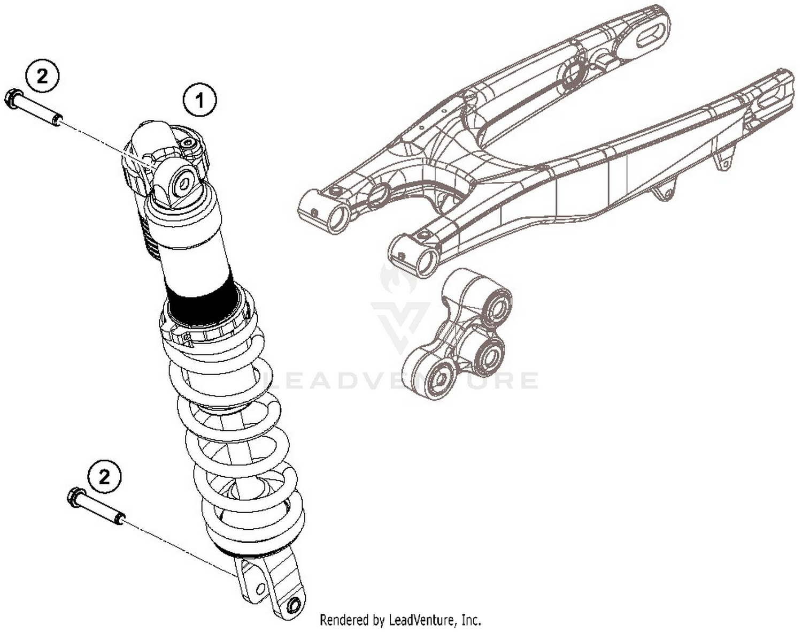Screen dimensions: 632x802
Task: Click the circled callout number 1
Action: pos(200,100)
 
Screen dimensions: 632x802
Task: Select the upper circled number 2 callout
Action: pos(42,76)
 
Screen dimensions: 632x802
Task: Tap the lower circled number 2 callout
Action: pos(104,475)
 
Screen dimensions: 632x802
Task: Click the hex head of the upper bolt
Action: pos(12,98)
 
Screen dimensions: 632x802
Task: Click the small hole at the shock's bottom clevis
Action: pos(292,606)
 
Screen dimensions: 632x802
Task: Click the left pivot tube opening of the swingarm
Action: pos(337,219)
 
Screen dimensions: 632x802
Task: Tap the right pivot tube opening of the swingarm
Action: pos(427,261)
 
